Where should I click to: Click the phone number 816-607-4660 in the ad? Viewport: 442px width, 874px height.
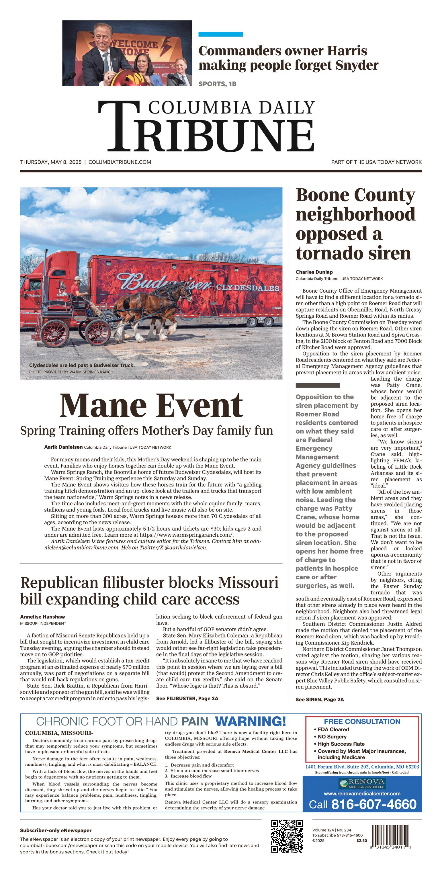[x=373, y=804]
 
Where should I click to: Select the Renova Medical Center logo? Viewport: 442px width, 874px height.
[x=362, y=784]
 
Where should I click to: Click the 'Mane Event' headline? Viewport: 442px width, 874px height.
[x=151, y=405]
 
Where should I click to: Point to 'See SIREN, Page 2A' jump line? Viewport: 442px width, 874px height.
[x=320, y=699]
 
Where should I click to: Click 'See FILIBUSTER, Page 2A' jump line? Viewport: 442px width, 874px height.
[x=187, y=698]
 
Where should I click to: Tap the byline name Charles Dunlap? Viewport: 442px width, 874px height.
[x=314, y=272]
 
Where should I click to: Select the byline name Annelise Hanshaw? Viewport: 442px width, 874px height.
[x=42, y=617]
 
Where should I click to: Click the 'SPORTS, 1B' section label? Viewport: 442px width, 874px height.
[x=217, y=84]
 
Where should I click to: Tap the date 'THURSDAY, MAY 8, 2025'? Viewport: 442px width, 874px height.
[x=51, y=162]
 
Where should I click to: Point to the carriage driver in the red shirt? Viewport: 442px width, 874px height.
[x=80, y=292]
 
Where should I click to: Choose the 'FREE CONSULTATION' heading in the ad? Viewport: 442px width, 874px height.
[x=362, y=722]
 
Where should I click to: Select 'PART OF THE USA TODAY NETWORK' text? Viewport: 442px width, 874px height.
[x=376, y=162]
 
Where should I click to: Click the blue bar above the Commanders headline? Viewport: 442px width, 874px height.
[x=220, y=34]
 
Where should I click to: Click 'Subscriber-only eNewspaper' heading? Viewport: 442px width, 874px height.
[x=56, y=830]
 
